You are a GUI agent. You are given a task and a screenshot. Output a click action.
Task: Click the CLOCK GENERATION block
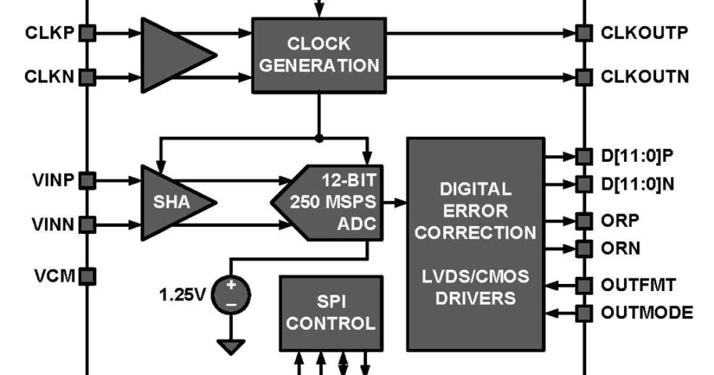click(320, 54)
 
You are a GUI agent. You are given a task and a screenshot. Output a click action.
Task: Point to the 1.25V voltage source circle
click(231, 294)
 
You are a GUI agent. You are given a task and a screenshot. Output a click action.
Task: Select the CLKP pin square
click(87, 33)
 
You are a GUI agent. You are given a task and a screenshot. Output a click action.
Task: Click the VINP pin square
click(87, 180)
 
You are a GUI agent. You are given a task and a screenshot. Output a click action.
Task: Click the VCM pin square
click(87, 276)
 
